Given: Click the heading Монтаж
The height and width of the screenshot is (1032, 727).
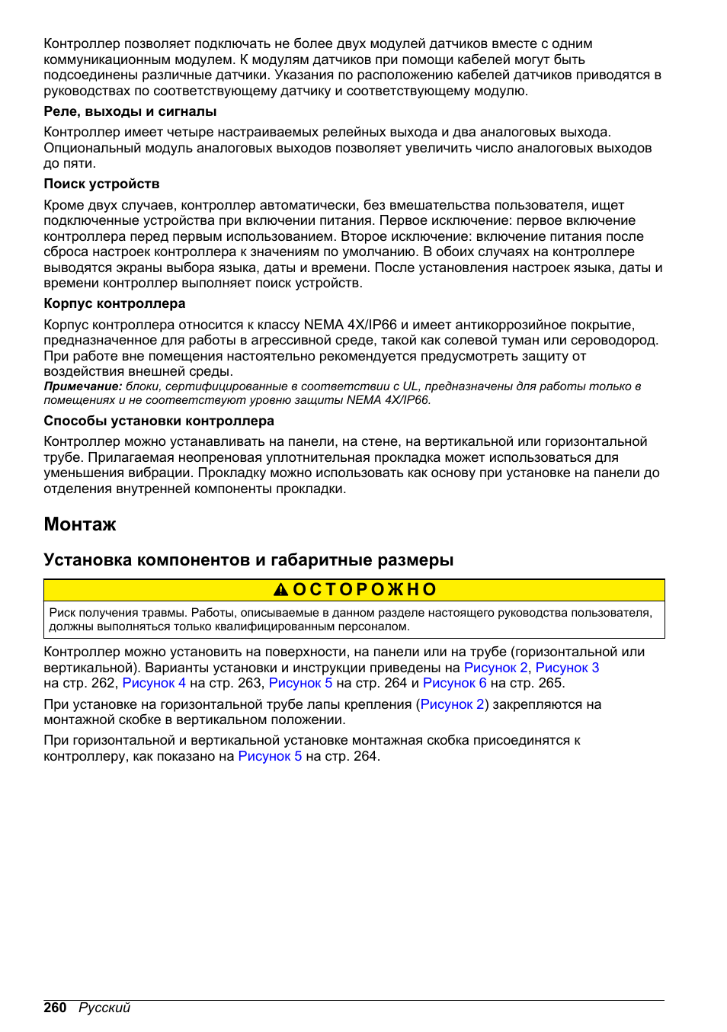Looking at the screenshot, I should (x=80, y=524).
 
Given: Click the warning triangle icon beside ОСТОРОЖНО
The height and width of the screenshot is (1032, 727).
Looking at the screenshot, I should (x=281, y=590).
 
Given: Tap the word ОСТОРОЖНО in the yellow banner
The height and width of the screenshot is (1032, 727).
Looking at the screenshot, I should (x=365, y=590).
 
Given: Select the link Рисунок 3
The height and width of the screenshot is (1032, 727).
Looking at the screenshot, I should (x=567, y=668).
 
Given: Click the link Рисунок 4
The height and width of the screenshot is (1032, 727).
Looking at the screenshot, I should (x=154, y=683).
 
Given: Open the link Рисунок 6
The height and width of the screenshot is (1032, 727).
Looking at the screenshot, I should (x=454, y=683).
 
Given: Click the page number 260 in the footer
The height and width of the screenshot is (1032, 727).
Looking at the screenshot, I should (x=55, y=1008).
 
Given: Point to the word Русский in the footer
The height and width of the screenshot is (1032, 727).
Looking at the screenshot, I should (x=104, y=1008).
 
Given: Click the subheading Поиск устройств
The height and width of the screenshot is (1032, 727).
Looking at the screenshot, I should (x=101, y=184).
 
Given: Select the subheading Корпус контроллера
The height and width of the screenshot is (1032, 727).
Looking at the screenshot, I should (x=114, y=303).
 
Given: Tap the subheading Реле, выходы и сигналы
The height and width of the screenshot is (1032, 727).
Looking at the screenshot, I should (x=130, y=111).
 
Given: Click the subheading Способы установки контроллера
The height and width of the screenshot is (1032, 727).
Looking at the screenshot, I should (x=159, y=421).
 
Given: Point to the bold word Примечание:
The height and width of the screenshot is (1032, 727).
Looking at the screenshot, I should (x=82, y=386).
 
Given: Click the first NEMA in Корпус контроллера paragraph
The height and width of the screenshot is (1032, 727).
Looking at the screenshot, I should (x=323, y=325).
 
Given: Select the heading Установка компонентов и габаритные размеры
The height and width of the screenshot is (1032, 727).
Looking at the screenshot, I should (x=248, y=560).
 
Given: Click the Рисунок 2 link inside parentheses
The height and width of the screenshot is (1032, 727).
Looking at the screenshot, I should (x=452, y=704).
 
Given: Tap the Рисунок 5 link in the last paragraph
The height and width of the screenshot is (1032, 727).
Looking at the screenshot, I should (x=270, y=756).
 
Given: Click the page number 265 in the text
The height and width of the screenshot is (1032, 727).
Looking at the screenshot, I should (x=549, y=683).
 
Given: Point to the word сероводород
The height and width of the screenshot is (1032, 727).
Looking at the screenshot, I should (x=618, y=340).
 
